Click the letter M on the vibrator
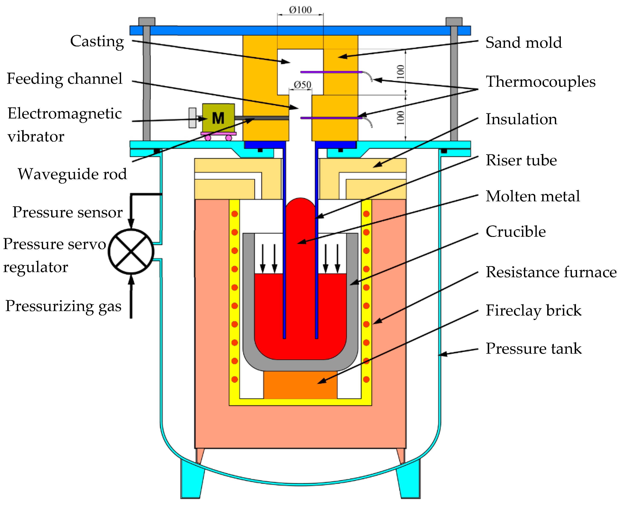pos(218,118)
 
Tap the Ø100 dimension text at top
pos(300,10)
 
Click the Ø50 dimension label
pos(302,85)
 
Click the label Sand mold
pos(524,43)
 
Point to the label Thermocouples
pos(540,82)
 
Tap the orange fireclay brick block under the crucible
pos(300,385)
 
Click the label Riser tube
pos(521,160)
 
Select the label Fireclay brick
pos(533,310)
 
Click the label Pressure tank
pos(533,348)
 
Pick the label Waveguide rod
pos(72,174)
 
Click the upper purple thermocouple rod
pos(331,72)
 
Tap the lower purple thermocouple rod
pos(331,118)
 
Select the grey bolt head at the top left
pos(147,22)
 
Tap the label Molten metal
pos(532,196)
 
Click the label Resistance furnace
pos(551,272)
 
